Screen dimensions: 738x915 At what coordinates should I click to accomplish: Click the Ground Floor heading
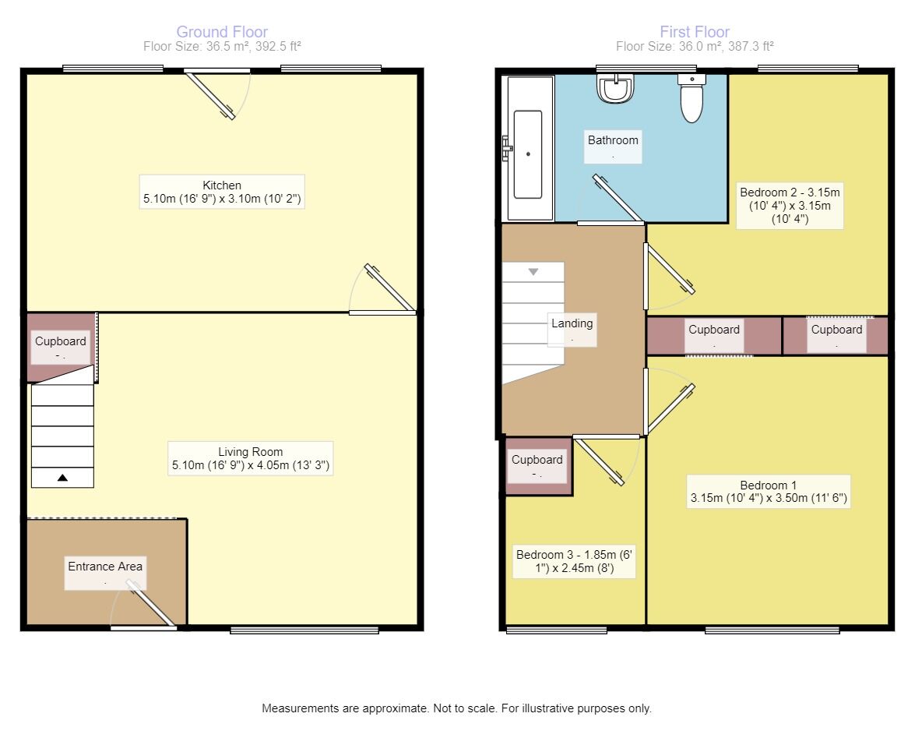(222, 32)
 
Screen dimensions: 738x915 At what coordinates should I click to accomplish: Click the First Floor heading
(694, 32)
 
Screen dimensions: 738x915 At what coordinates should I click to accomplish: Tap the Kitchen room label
(222, 192)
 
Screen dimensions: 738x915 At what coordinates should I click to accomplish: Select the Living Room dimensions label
(250, 459)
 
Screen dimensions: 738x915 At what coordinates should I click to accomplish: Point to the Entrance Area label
(105, 573)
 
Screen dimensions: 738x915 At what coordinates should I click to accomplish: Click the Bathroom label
(613, 146)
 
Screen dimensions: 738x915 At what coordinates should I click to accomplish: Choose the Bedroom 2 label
(790, 206)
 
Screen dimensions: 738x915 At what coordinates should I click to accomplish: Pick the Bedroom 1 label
(768, 491)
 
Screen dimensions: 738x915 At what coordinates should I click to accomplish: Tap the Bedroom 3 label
(575, 562)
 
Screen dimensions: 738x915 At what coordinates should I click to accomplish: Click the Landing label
(572, 329)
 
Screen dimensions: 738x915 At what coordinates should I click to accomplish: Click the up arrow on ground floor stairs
(62, 478)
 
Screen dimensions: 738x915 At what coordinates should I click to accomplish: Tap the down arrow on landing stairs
(533, 272)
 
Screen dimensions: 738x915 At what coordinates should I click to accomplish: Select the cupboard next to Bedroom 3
(538, 466)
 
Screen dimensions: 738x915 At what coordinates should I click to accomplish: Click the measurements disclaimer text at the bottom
(456, 708)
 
